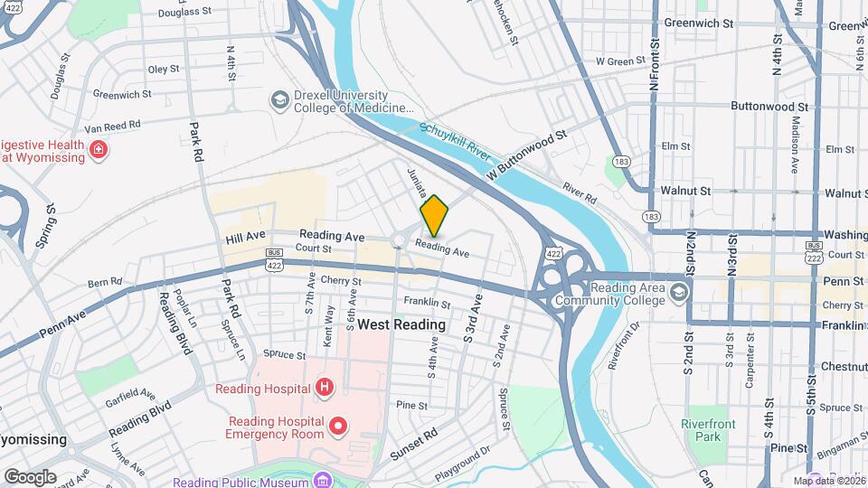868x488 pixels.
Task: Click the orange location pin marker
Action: (x=434, y=215)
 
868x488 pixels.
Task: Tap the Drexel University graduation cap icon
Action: (x=280, y=99)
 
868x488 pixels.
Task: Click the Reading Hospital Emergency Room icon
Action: (x=338, y=425)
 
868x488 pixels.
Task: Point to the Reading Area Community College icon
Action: (x=680, y=291)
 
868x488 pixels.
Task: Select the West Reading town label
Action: (x=401, y=324)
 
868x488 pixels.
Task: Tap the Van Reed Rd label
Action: (x=113, y=125)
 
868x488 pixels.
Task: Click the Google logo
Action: (x=30, y=476)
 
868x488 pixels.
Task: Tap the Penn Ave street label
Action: (x=66, y=329)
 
